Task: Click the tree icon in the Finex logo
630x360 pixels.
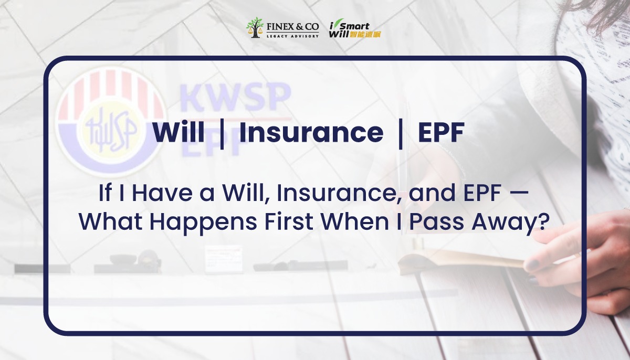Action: (255, 28)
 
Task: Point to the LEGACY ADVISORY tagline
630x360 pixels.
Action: (292, 35)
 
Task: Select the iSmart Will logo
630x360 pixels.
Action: (355, 29)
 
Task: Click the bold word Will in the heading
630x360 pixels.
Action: (178, 133)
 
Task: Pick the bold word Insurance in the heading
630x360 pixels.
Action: (311, 133)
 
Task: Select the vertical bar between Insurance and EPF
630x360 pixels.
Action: (401, 133)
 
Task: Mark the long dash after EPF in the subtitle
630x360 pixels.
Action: (518, 195)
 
